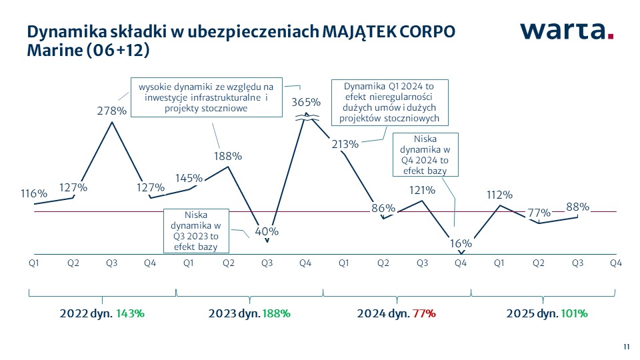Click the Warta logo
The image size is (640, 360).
pos(566,31)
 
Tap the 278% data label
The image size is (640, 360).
pos(111,111)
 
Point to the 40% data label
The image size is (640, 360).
pos(267,231)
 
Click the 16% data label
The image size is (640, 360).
pos(460,243)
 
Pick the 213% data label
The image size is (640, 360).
pos(345,143)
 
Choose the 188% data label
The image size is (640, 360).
pos(228,156)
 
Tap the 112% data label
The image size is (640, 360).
pos(499,195)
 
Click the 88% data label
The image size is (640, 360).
pos(577,207)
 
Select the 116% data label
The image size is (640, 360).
pos(34,193)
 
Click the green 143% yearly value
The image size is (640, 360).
pos(130,313)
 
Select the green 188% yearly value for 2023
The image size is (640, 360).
pos(276,313)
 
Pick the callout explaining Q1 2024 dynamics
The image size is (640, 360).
pos(389,102)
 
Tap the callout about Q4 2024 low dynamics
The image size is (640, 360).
pos(425,155)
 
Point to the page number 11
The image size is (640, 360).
pos(626,346)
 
